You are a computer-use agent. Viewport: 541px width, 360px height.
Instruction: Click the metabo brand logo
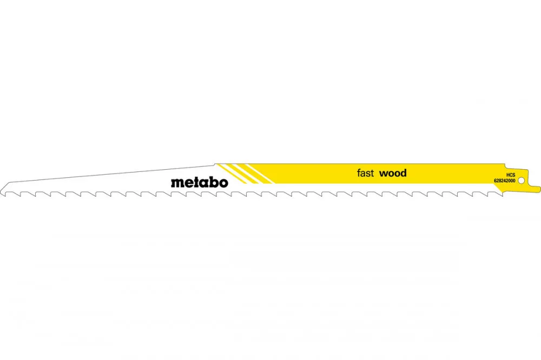(199, 182)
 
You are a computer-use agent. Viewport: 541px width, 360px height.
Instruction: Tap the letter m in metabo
(176, 183)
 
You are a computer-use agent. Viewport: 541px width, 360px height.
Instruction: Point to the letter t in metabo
(192, 182)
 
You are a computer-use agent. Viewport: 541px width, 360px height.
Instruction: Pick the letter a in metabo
(201, 183)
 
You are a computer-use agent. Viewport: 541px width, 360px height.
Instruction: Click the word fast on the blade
(365, 174)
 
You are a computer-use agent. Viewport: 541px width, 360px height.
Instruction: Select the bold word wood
(393, 174)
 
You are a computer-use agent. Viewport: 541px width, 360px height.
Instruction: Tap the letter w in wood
(383, 174)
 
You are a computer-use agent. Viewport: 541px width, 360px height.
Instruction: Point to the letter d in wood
(403, 173)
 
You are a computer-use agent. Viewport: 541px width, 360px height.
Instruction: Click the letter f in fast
(359, 173)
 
